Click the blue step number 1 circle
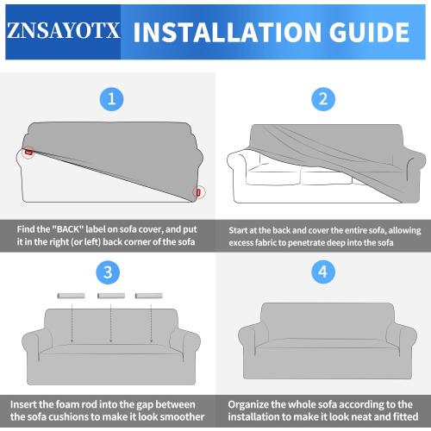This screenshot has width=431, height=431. click(109, 98)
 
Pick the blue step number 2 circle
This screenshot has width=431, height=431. click(323, 98)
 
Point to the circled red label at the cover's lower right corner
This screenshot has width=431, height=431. click(199, 191)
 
